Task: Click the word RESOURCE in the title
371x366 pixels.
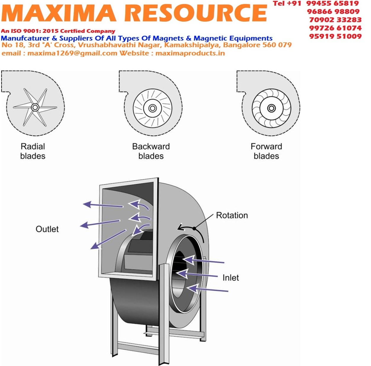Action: [195, 13]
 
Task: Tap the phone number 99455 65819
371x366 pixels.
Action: [333, 4]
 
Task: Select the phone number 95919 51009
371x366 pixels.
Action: [335, 36]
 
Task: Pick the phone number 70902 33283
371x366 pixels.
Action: [335, 20]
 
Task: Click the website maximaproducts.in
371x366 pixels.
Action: [190, 53]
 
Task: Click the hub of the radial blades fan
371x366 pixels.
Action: [35, 107]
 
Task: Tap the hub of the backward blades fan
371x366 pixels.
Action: [153, 108]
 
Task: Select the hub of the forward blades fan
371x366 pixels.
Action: [271, 108]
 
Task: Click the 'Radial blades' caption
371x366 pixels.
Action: [33, 151]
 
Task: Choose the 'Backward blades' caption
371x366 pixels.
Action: [151, 151]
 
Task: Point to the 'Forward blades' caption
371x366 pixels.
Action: [266, 151]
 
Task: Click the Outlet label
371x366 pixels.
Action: [47, 229]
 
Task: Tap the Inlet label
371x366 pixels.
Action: [231, 278]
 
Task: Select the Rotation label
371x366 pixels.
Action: [232, 215]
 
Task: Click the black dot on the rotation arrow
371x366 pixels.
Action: [194, 228]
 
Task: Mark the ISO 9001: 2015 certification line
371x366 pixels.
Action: [58, 31]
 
